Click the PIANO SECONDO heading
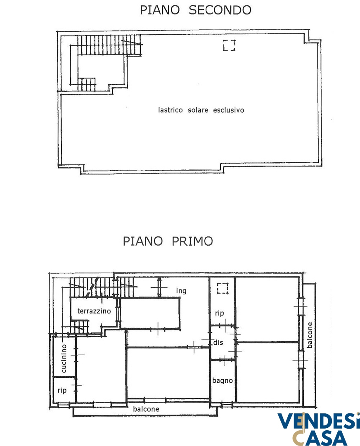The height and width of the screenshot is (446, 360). pos(196,10)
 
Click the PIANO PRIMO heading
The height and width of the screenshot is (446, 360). pos(168,241)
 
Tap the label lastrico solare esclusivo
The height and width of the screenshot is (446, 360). pos(201,110)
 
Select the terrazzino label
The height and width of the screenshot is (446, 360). pos(94,311)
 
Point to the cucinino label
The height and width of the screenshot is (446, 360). pos(64,358)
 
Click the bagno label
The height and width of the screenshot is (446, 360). pos(223,381)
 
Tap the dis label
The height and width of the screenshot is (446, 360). pos(218,342)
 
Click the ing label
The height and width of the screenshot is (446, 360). pos(181,291)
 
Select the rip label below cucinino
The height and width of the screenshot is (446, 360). pos(62,390)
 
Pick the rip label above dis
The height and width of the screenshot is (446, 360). pos(220,313)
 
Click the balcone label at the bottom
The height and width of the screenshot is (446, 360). pos(146,409)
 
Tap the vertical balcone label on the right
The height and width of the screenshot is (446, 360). pos(310,335)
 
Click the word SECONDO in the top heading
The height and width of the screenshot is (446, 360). pos(220,10)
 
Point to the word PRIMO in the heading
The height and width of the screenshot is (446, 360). pos(192,241)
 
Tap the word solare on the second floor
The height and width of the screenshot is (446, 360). pos(198,110)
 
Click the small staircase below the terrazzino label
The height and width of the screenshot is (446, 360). pos(80,327)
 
